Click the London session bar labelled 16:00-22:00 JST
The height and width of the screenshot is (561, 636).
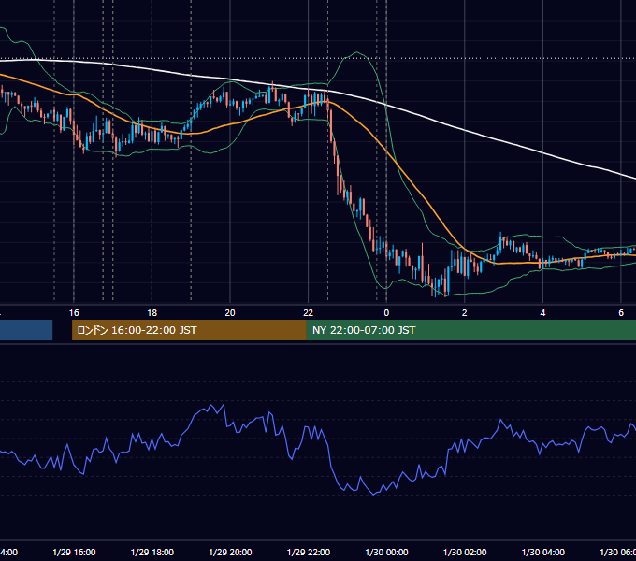(x=189, y=330)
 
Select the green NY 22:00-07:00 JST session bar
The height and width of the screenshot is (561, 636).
(x=470, y=330)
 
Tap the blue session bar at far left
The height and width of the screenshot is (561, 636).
(x=26, y=330)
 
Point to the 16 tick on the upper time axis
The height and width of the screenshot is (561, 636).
(x=74, y=313)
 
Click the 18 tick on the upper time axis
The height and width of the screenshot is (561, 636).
(x=152, y=313)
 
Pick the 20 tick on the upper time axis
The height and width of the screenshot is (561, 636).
(x=230, y=313)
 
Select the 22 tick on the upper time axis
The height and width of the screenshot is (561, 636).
(x=309, y=313)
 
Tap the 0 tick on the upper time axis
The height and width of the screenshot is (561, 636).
(x=386, y=313)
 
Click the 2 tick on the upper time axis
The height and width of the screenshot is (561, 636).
(x=465, y=313)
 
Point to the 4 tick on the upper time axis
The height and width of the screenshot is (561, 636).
(x=542, y=313)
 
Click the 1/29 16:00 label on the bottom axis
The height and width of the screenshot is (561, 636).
(x=74, y=552)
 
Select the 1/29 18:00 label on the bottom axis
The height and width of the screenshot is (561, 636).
(x=152, y=552)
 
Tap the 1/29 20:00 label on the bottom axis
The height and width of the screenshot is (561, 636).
(x=230, y=552)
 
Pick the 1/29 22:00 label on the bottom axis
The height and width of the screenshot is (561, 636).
(x=309, y=552)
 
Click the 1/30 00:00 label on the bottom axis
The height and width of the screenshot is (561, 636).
(x=386, y=552)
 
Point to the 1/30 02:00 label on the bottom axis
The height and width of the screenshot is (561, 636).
(x=465, y=552)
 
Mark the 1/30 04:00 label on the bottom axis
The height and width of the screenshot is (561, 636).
(x=543, y=552)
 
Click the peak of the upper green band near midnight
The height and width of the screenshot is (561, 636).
(x=357, y=52)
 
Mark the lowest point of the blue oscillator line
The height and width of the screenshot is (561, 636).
(x=373, y=495)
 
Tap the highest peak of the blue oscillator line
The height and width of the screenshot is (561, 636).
(x=224, y=404)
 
